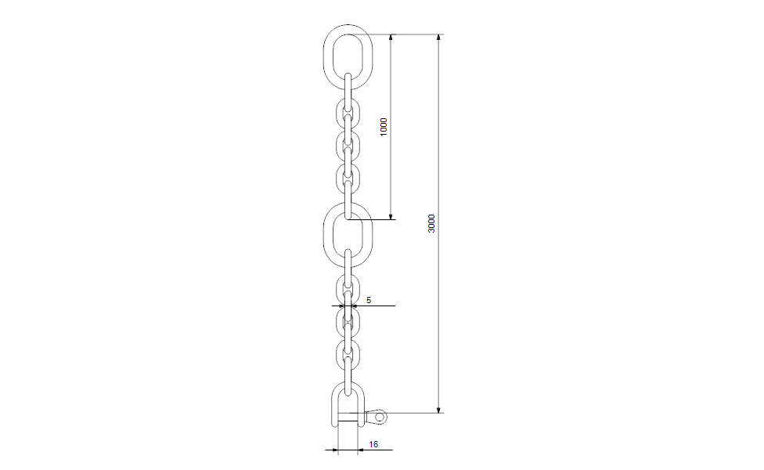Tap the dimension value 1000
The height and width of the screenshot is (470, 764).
click(x=384, y=127)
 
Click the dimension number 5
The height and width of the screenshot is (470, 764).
click(x=368, y=300)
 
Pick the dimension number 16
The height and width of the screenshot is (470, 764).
click(x=373, y=444)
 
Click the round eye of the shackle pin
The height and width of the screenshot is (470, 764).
click(x=380, y=417)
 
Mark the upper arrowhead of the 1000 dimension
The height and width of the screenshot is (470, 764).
click(x=392, y=38)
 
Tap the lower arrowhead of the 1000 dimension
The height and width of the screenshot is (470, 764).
click(x=392, y=215)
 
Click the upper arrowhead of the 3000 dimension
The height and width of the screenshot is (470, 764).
click(x=439, y=38)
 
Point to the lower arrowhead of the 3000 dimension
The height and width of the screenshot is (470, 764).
click(x=439, y=408)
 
